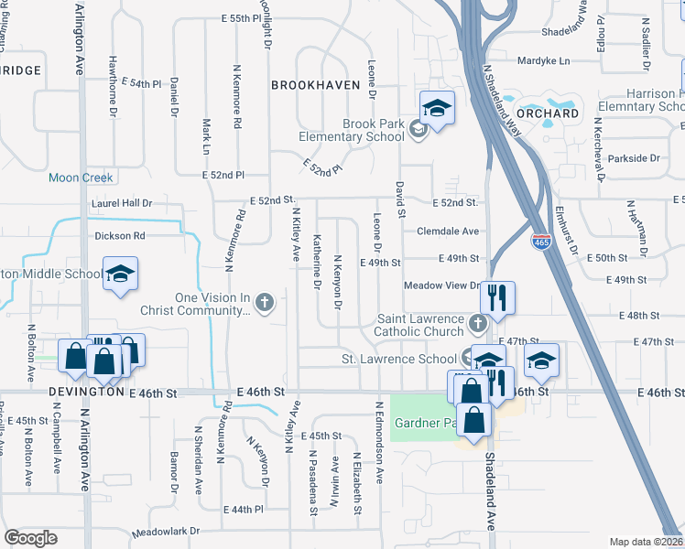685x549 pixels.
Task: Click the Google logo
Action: click(x=30, y=538)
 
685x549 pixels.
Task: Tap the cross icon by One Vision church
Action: click(x=265, y=302)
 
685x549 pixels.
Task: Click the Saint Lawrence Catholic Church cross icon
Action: click(x=476, y=323)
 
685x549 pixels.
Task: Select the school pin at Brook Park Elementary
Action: click(x=437, y=108)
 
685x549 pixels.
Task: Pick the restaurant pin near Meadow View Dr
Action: click(x=497, y=296)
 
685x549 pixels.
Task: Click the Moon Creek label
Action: click(x=81, y=178)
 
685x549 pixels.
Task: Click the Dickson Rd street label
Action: click(x=120, y=235)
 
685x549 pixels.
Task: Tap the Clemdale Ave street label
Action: click(x=448, y=231)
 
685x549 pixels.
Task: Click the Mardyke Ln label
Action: click(x=543, y=61)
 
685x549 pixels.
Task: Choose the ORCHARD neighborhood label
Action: click(x=547, y=113)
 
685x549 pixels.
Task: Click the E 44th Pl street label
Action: click(x=244, y=509)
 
